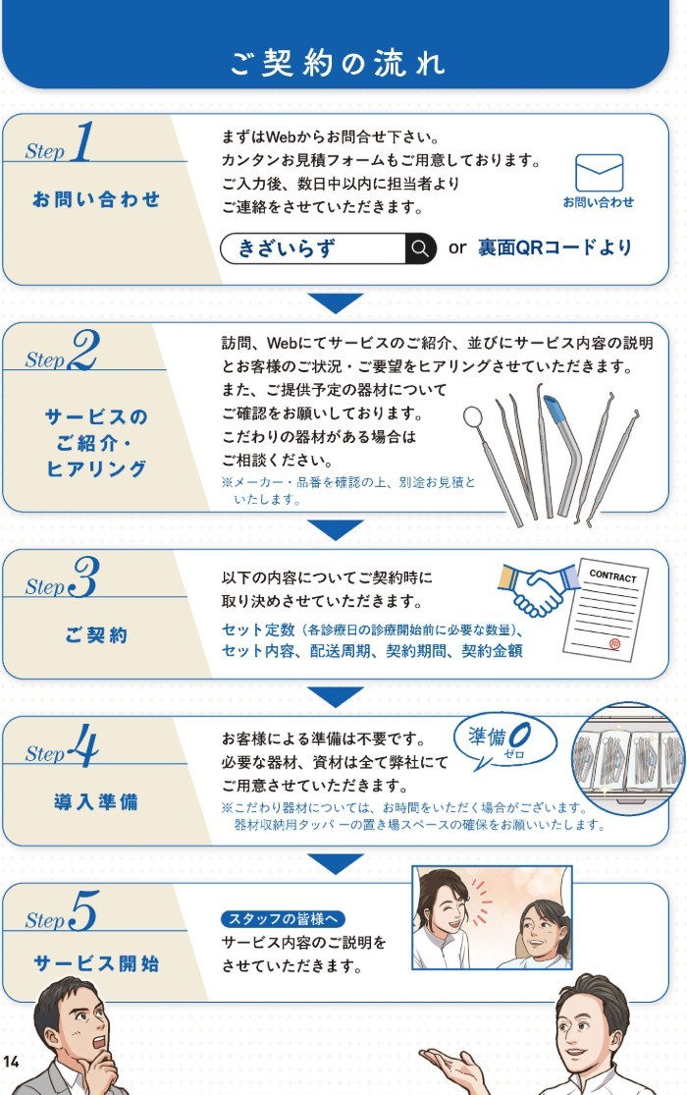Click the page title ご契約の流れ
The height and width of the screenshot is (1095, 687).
[337, 63]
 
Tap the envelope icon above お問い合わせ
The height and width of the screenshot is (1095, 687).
[599, 173]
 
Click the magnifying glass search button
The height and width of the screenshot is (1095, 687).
[420, 247]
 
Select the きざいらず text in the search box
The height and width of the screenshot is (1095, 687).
[287, 247]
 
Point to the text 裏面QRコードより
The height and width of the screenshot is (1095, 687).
[555, 247]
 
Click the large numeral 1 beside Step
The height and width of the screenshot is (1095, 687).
[83, 141]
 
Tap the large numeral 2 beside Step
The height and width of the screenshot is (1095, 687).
[84, 350]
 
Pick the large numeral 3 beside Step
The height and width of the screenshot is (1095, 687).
[84, 576]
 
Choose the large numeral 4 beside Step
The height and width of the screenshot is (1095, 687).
[83, 744]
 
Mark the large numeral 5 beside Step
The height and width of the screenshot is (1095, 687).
[84, 910]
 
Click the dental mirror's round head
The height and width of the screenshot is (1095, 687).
[473, 417]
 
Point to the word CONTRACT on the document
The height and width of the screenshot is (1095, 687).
[612, 576]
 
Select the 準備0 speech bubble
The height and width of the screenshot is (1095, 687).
[504, 741]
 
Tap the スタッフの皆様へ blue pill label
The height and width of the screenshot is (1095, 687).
[283, 919]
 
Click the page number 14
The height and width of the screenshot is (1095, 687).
[11, 1062]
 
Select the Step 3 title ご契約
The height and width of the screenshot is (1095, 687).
[95, 634]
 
